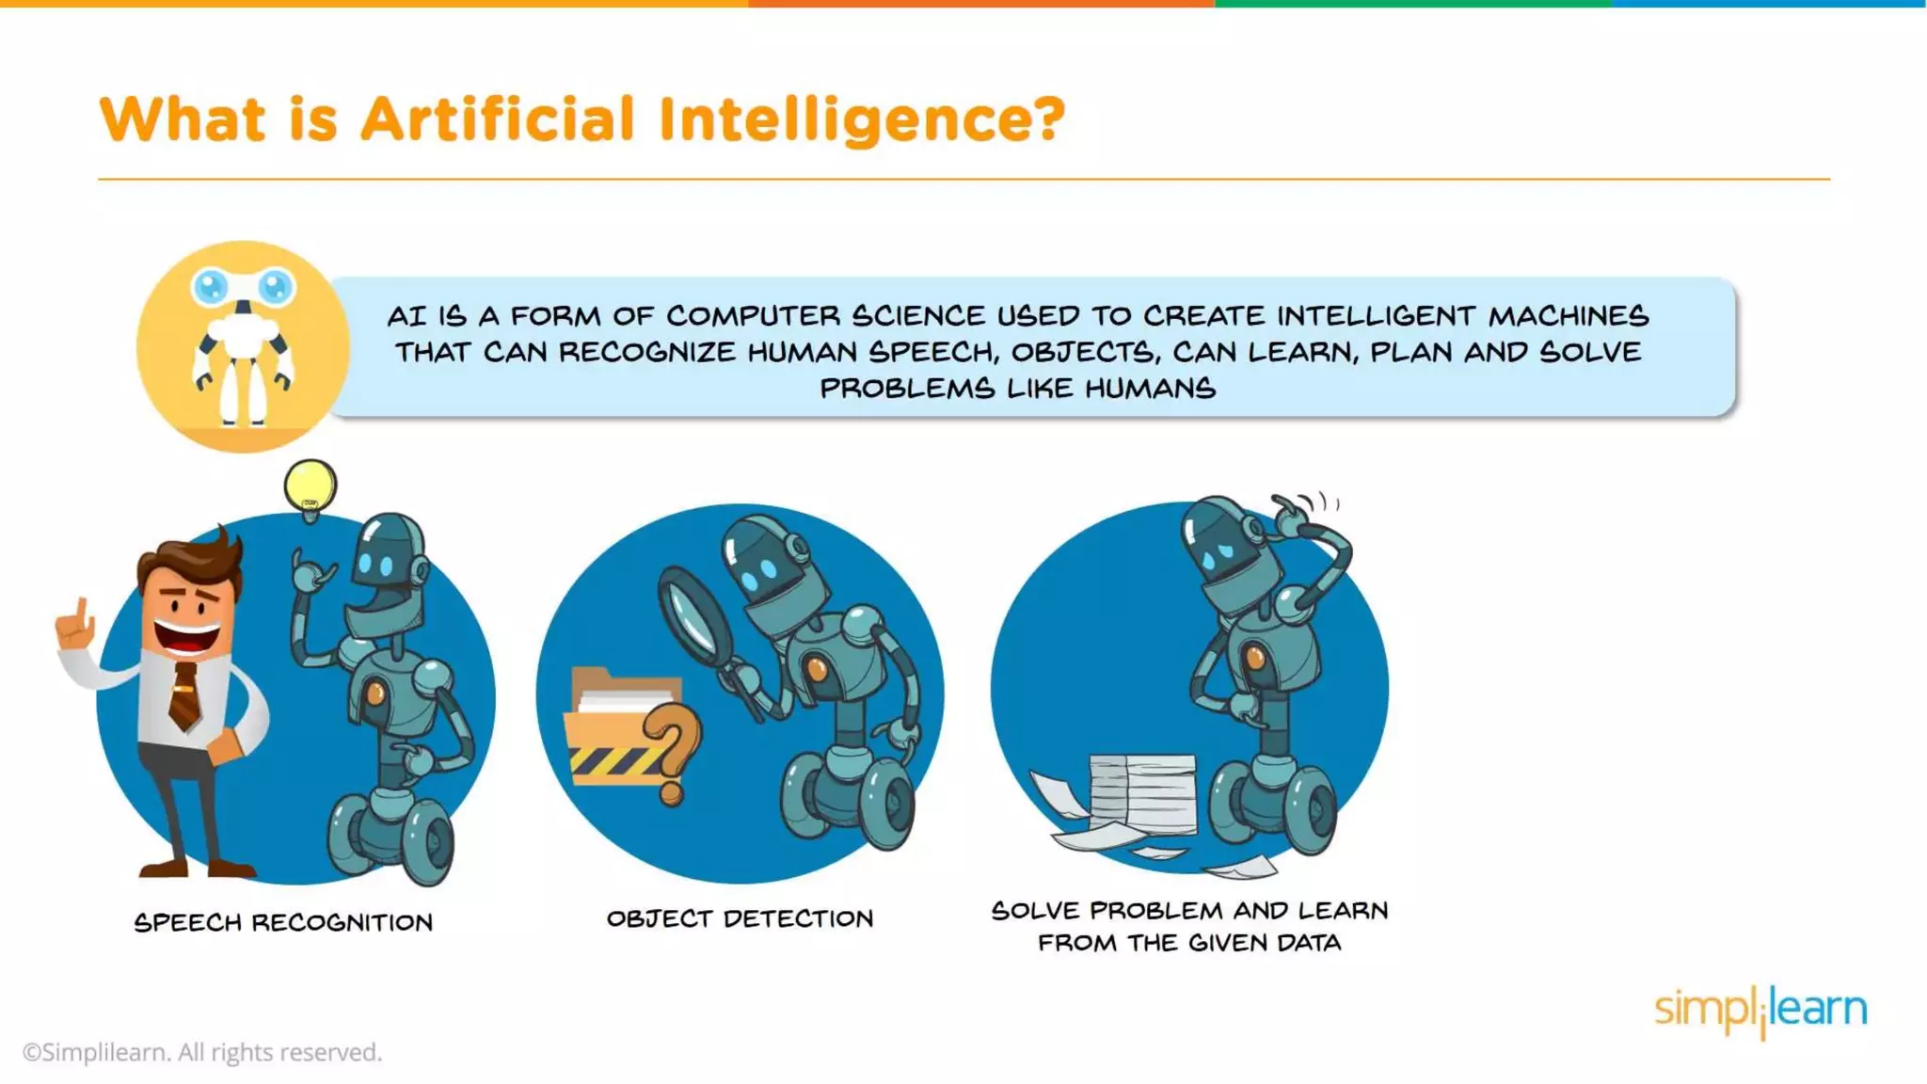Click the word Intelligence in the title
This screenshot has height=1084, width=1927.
(861, 120)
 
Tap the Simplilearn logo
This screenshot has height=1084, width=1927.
(1760, 1010)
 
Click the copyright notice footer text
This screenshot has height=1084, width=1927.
(202, 1052)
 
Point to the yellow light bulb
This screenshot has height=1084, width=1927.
(310, 486)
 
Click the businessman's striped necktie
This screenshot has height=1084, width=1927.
(184, 695)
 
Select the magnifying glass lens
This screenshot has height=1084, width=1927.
(695, 617)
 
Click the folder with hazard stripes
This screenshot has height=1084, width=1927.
(616, 729)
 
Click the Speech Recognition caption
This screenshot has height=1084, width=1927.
(283, 922)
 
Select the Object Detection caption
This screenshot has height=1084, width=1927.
(740, 918)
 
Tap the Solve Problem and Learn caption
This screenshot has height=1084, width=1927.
(1189, 926)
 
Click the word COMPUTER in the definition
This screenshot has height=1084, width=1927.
(753, 315)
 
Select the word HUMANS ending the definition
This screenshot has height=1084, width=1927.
(1150, 388)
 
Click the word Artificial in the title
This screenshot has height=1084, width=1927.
(498, 120)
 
